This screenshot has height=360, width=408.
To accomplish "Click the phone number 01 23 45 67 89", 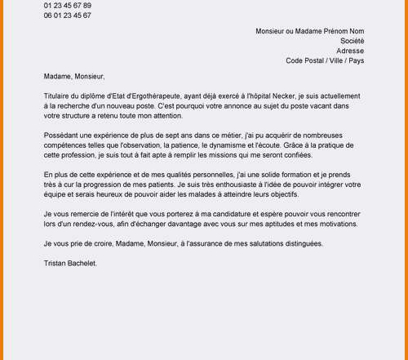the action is pyautogui.click(x=68, y=6).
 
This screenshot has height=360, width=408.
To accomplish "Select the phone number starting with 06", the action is pyautogui.click(x=68, y=16).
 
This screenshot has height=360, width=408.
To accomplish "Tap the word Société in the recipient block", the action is pyautogui.click(x=352, y=41).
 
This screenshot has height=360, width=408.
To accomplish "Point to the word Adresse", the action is pyautogui.click(x=350, y=51).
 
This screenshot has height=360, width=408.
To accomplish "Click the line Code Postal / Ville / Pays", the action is pyautogui.click(x=325, y=60).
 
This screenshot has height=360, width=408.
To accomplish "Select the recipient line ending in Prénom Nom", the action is pyautogui.click(x=309, y=31).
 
